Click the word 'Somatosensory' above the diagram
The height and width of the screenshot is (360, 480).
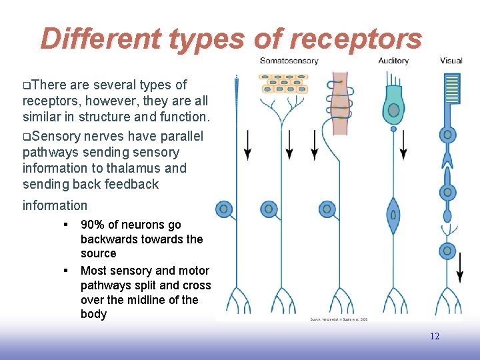coord(289,61)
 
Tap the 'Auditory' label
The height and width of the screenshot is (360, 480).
coord(393,61)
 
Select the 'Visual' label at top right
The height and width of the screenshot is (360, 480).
coord(451,61)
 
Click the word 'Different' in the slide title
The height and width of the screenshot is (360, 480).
coord(100,39)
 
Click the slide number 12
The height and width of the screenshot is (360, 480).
coord(434,336)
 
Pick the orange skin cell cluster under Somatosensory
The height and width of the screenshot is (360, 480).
coord(285,84)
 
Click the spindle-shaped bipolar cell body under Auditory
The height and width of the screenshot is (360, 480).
coord(393,215)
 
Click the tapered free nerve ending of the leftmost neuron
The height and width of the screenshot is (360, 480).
coord(237,100)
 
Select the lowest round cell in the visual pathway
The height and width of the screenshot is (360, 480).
coord(448,251)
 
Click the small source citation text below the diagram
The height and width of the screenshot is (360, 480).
coord(339,319)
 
